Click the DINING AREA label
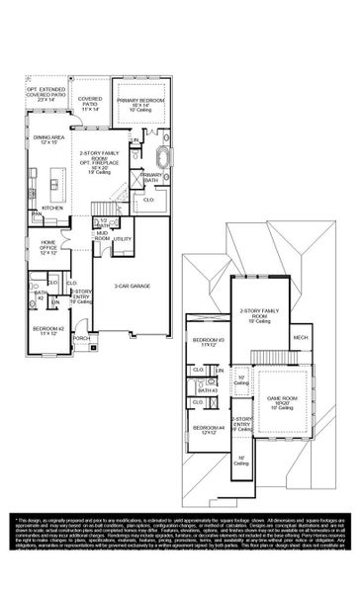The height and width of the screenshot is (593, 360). coord(48,141)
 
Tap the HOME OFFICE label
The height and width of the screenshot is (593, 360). coord(48,247)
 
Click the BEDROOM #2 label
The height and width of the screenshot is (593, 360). coord(47,330)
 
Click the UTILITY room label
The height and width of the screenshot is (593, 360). coord(122,239)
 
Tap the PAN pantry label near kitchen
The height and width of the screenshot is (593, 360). coord(36,212)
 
